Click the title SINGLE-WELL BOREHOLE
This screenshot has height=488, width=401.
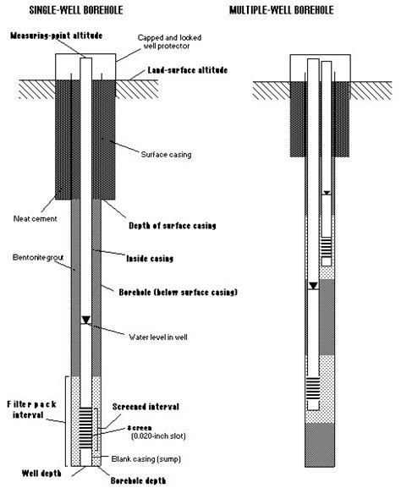click(x=76, y=10)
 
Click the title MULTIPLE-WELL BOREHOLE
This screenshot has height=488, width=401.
click(x=282, y=10)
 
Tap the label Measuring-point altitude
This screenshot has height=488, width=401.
click(x=57, y=36)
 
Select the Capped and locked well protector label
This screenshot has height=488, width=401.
click(x=169, y=41)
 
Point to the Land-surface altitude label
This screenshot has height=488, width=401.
click(x=188, y=70)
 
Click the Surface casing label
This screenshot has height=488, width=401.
click(x=167, y=155)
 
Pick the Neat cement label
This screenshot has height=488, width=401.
click(x=36, y=219)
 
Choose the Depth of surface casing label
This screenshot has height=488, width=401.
click(x=173, y=226)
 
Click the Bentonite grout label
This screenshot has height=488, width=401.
click(x=38, y=258)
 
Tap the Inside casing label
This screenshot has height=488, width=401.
click(x=150, y=258)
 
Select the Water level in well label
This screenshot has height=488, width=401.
click(x=158, y=337)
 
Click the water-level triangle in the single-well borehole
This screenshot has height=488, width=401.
click(x=86, y=321)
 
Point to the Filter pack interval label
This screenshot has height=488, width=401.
click(x=31, y=409)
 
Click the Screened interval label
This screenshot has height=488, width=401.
click(x=146, y=407)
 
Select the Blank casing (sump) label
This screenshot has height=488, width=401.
click(x=146, y=459)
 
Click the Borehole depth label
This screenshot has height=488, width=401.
click(x=138, y=480)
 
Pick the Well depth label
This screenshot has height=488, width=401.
click(x=41, y=474)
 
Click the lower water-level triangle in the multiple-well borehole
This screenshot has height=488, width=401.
click(x=313, y=286)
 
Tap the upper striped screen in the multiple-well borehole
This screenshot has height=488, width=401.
click(x=327, y=247)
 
